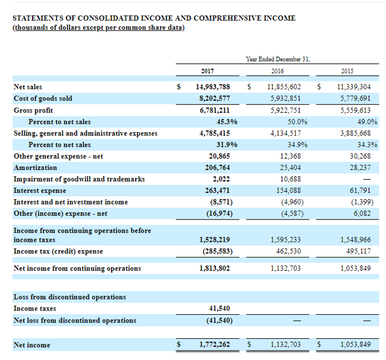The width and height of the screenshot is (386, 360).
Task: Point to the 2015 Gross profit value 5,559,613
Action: (355, 110)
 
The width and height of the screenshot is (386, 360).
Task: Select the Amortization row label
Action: (35, 168)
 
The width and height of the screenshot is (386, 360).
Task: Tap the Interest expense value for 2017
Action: (215, 191)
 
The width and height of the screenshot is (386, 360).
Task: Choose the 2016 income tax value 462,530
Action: (286, 251)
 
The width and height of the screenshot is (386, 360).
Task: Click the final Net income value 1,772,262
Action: (215, 345)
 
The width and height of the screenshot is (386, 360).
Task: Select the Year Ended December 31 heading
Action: (278, 58)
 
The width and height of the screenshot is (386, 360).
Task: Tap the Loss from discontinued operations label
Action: (69, 297)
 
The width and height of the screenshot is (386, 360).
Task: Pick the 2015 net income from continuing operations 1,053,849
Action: (355, 268)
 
